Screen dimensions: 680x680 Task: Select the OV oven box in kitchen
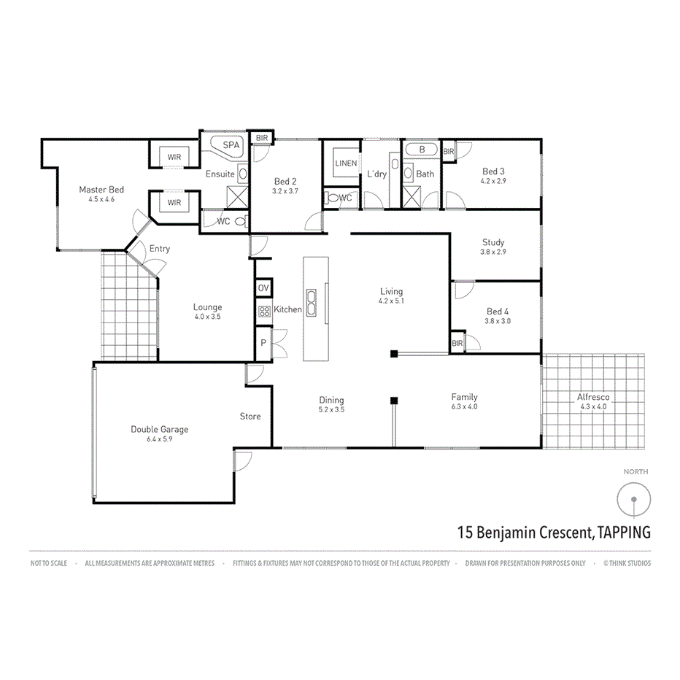pyautogui.click(x=263, y=288)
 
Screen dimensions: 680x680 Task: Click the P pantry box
pyautogui.click(x=263, y=341)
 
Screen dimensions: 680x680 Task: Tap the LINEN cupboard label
pyautogui.click(x=346, y=163)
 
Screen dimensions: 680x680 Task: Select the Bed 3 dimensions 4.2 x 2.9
pyautogui.click(x=493, y=181)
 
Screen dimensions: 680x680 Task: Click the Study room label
pyautogui.click(x=493, y=242)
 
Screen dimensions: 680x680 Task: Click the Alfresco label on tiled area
pyautogui.click(x=592, y=397)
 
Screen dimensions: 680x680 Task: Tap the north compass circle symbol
pyautogui.click(x=633, y=499)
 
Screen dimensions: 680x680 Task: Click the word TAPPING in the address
pyautogui.click(x=624, y=532)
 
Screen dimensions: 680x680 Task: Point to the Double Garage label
pyautogui.click(x=159, y=430)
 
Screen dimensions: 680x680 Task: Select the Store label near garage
pyautogui.click(x=250, y=417)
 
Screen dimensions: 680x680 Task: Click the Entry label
pyautogui.click(x=159, y=249)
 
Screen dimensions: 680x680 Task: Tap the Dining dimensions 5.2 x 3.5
pyautogui.click(x=331, y=410)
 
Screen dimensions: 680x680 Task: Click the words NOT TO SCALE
pyautogui.click(x=49, y=563)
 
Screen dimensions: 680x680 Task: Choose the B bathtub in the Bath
pyautogui.click(x=421, y=150)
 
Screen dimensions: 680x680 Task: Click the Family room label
pyautogui.click(x=464, y=397)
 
